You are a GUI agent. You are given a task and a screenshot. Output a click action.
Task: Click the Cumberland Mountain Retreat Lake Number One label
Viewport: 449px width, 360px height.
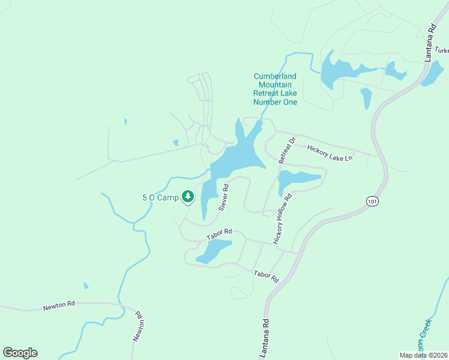pos(275,89)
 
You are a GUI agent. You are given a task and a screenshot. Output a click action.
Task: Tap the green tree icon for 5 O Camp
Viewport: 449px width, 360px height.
pos(188,197)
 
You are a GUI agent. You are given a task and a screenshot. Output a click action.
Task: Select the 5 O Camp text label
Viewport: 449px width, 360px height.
pos(160,197)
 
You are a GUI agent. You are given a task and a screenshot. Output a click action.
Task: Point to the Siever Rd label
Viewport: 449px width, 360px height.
pos(223,197)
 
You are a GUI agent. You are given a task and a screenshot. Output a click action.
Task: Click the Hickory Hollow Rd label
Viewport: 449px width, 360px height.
pos(283,218)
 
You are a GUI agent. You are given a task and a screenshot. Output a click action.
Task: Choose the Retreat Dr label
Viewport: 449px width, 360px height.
pos(288,151)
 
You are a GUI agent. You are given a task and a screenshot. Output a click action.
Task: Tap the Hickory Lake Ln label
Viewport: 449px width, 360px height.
pos(330,153)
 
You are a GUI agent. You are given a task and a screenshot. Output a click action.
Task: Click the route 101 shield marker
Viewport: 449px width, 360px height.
pos(372,202)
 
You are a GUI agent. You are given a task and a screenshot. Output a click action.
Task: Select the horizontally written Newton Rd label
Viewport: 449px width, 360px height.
pos(59,306)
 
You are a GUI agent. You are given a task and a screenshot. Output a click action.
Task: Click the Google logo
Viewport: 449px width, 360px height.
pos(20,353)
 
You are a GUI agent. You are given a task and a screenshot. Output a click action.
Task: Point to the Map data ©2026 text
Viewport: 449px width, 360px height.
pos(423,355)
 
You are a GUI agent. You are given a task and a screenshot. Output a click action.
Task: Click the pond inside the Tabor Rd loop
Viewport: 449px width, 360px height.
pos(213,250)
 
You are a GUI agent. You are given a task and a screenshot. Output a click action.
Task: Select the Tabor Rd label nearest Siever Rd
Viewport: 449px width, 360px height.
pos(219,233)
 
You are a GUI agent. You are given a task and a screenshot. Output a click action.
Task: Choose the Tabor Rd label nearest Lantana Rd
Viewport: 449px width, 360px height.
pos(267,277)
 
